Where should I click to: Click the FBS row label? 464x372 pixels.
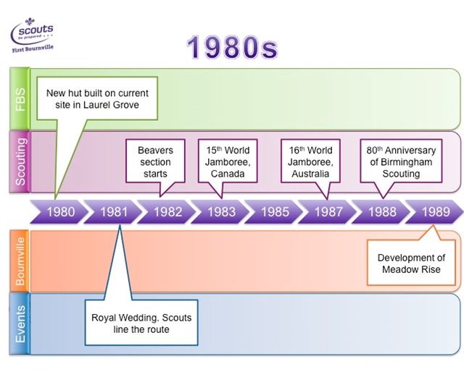click(x=20, y=98)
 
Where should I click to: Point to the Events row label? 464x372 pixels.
click(x=20, y=323)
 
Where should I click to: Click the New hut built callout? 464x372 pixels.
click(x=97, y=98)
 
